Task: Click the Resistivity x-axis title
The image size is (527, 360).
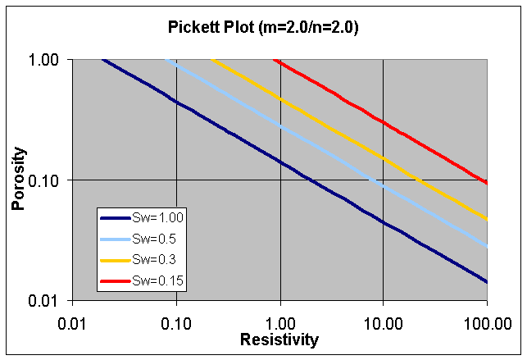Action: tap(279, 339)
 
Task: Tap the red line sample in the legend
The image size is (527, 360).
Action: tap(116, 281)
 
